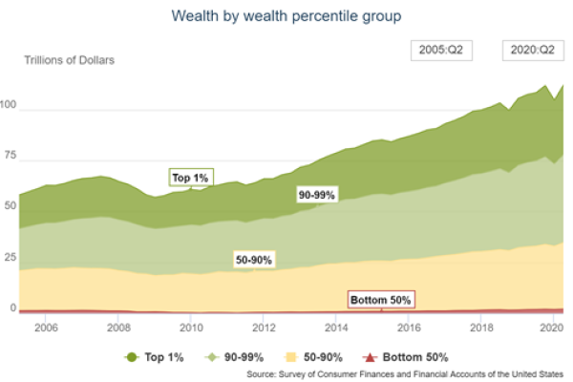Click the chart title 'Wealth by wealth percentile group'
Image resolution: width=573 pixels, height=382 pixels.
pos(286,16)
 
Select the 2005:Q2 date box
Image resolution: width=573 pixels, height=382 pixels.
pos(439,50)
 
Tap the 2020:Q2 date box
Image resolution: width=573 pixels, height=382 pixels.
pos(531,50)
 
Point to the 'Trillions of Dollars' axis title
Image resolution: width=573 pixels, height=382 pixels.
pos(69,61)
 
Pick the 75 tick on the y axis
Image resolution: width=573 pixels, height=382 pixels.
pos(11,154)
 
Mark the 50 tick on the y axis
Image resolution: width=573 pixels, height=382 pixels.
pos(11,205)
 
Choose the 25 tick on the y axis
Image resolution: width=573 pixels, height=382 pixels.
pos(11,257)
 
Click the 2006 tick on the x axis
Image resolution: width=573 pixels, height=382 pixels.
pos(46,327)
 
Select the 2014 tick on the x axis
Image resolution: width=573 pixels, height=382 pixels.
pos(335,327)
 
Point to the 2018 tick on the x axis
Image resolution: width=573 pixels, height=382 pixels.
pos(479,327)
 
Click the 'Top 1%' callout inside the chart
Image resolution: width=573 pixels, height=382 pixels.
pos(190,177)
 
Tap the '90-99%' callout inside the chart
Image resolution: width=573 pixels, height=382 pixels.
pos(316,194)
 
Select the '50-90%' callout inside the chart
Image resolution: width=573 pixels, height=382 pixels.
pos(253,259)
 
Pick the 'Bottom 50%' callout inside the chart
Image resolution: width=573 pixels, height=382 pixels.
pos(380,299)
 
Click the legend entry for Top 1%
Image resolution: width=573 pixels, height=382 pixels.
pos(153,356)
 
